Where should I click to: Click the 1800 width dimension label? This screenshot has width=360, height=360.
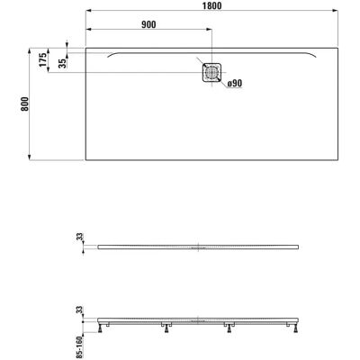211,5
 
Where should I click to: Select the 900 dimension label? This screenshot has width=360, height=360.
148,24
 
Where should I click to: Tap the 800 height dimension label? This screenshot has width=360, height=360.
24,103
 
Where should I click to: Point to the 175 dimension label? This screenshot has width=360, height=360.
43,59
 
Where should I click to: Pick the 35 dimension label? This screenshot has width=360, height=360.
62,63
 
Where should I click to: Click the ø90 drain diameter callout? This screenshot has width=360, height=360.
235,84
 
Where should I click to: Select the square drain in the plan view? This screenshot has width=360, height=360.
212,72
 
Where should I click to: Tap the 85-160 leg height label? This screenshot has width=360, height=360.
78,346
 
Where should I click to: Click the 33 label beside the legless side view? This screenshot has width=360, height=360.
79,237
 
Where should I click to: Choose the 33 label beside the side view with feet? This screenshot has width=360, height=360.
79,310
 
